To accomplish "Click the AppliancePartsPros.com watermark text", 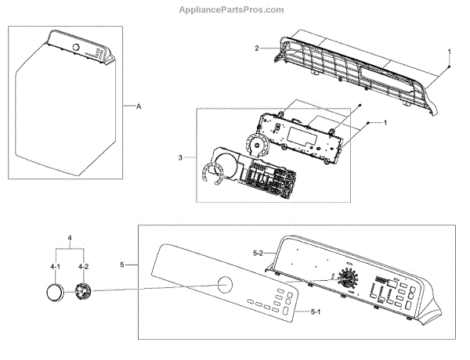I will tap(234, 9).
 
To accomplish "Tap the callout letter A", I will tap(139, 106).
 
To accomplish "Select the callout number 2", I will tap(256, 49).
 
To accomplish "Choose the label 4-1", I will tap(56, 267).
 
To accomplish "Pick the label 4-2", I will tap(82, 267).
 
